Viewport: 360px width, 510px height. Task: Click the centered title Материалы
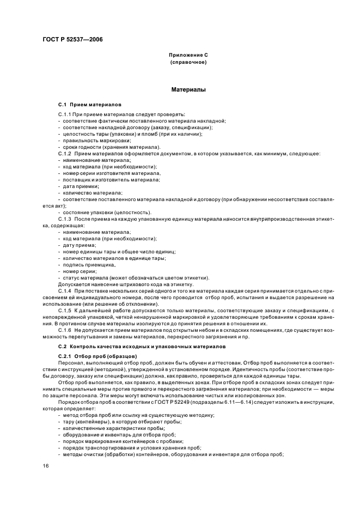click(188, 89)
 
